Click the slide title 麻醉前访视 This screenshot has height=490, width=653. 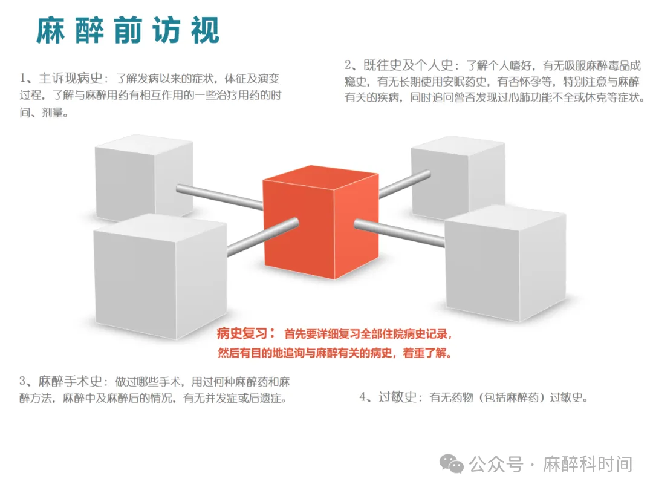[128, 30]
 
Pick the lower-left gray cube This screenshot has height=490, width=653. [160, 275]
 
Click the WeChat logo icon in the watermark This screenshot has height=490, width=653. [452, 463]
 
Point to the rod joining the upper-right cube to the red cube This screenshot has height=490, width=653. [404, 185]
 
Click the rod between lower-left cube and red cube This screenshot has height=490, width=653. [263, 237]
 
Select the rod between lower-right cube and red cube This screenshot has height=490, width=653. [399, 233]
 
